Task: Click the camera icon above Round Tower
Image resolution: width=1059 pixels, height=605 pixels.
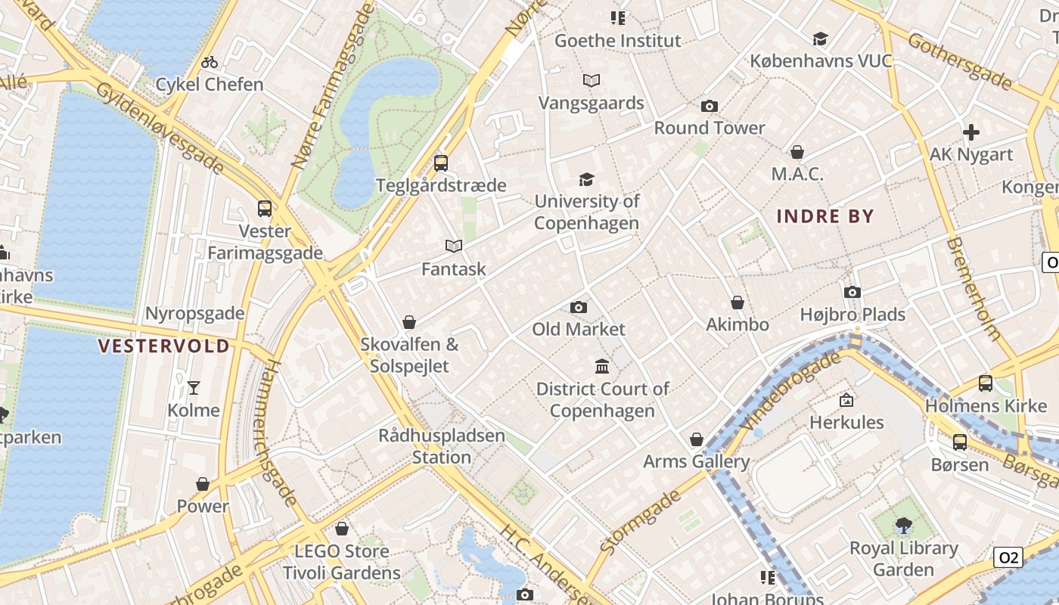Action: pos(709,106)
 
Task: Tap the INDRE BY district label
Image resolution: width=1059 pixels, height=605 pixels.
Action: pos(825,216)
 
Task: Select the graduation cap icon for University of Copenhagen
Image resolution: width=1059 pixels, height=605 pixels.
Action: pos(586,179)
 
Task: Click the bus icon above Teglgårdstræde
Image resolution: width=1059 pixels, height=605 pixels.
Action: pos(440,163)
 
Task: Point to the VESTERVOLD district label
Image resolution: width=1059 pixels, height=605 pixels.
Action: pos(164,346)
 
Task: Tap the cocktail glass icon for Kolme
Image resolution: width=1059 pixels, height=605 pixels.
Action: pos(194,388)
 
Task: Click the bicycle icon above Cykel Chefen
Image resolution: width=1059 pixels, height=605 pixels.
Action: pos(210,62)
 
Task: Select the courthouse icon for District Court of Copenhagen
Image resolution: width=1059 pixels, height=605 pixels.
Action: pos(602,367)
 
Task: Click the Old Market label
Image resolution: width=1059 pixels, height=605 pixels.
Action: pos(579,329)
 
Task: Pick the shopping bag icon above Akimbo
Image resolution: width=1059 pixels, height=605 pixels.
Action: pos(738,302)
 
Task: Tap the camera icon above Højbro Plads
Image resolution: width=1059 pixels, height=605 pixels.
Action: pos(852,292)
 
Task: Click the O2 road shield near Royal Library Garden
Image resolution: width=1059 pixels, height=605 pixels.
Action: pos(1008,558)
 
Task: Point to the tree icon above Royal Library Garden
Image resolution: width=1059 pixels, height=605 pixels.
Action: pos(903,525)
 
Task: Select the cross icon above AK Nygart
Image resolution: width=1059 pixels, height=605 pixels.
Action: pos(971,132)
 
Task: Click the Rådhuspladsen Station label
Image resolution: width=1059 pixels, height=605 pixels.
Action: pos(442,446)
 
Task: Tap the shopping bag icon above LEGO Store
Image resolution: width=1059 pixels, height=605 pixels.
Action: pos(342,529)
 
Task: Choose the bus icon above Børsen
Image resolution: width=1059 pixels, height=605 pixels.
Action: pos(960,442)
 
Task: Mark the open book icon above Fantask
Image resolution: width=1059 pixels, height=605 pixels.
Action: pos(454,246)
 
